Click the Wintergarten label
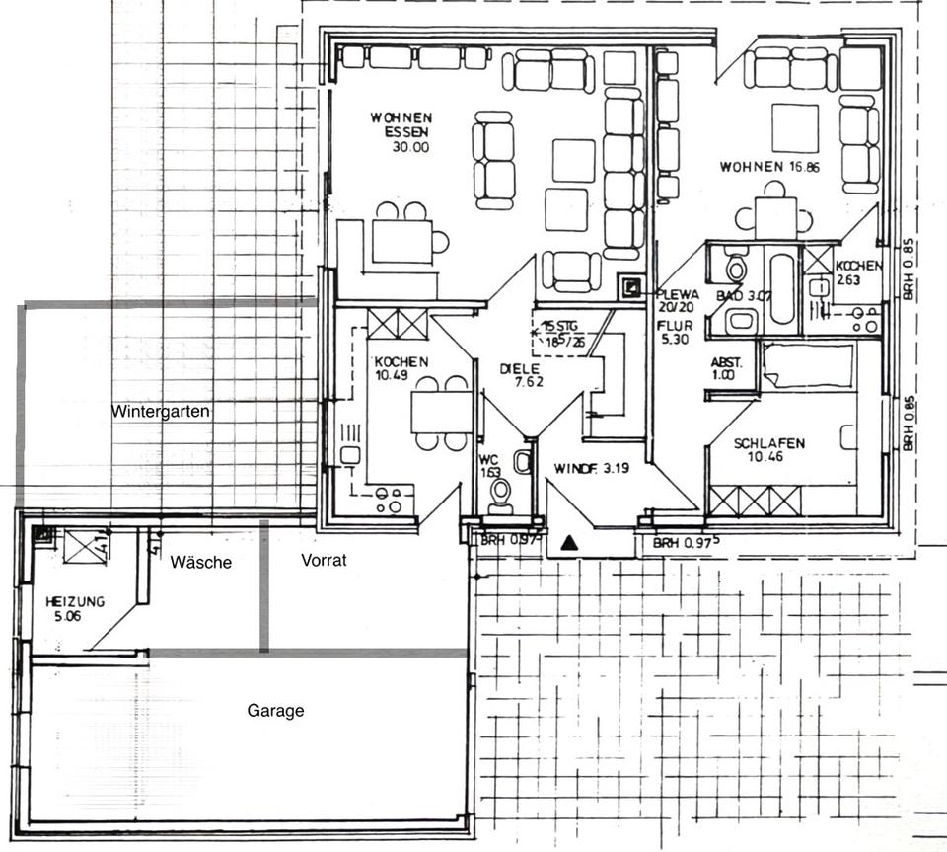(161, 412)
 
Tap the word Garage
(275, 710)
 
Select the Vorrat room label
(323, 560)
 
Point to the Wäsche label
(200, 562)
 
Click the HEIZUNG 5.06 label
(75, 609)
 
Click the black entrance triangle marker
(569, 542)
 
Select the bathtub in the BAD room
(782, 288)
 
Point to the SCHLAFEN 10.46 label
(769, 450)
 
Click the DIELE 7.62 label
(521, 375)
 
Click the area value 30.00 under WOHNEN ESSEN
(410, 148)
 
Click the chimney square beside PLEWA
(629, 287)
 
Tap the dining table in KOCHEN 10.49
(442, 411)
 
